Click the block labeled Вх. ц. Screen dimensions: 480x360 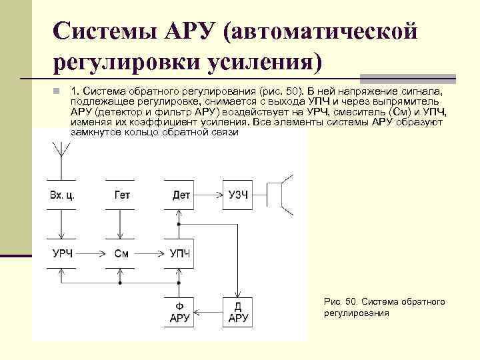click(61, 195)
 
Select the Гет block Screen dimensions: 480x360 click(121, 195)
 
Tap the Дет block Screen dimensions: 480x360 click(181, 195)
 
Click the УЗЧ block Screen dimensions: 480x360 click(238, 195)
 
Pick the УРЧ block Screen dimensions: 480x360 click(61, 253)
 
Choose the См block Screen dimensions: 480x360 click(121, 253)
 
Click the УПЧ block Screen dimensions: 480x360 click(180, 253)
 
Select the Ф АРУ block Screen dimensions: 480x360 click(180, 311)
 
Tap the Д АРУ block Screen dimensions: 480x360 click(238, 311)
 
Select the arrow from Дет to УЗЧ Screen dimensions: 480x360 click(209, 195)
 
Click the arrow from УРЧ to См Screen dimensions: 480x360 click(92, 253)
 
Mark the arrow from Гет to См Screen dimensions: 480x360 click(121, 225)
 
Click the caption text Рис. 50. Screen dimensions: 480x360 click(340, 302)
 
